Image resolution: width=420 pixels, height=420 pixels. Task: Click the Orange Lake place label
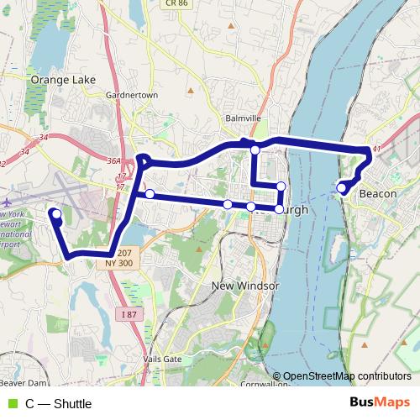pos(63,80)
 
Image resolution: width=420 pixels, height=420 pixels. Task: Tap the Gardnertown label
pos(132,95)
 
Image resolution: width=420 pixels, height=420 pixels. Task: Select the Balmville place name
pos(243,118)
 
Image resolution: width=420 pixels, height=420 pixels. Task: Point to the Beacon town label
pos(377,194)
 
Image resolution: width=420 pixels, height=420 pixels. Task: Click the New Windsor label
pos(245,286)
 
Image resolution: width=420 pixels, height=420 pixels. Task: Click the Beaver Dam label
pos(18,370)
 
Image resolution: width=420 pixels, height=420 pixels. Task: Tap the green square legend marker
pos(12,404)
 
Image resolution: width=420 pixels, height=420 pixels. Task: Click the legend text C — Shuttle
pos(59,404)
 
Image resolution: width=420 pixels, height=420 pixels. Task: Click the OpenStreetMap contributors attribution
pos(347,376)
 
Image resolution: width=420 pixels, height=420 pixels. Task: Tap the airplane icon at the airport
pos(7,202)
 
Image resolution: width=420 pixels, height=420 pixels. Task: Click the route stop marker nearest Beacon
pos(343,187)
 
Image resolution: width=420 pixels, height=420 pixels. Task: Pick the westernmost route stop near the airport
pos(56,214)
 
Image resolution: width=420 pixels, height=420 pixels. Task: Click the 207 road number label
pos(124,252)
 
